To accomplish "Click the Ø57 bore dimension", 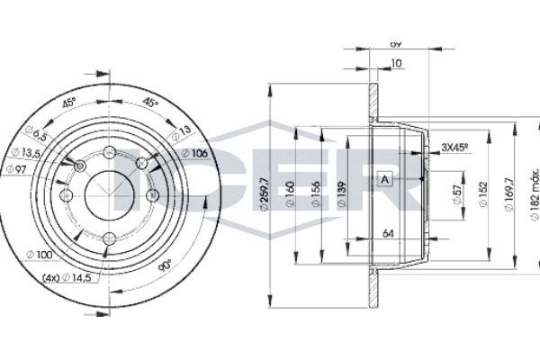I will [x=458, y=194].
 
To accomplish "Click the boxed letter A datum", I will [x=385, y=178].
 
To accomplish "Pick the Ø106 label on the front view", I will [x=196, y=154].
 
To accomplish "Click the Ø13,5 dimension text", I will [x=20, y=154].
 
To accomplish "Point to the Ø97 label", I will [x=16, y=170].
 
